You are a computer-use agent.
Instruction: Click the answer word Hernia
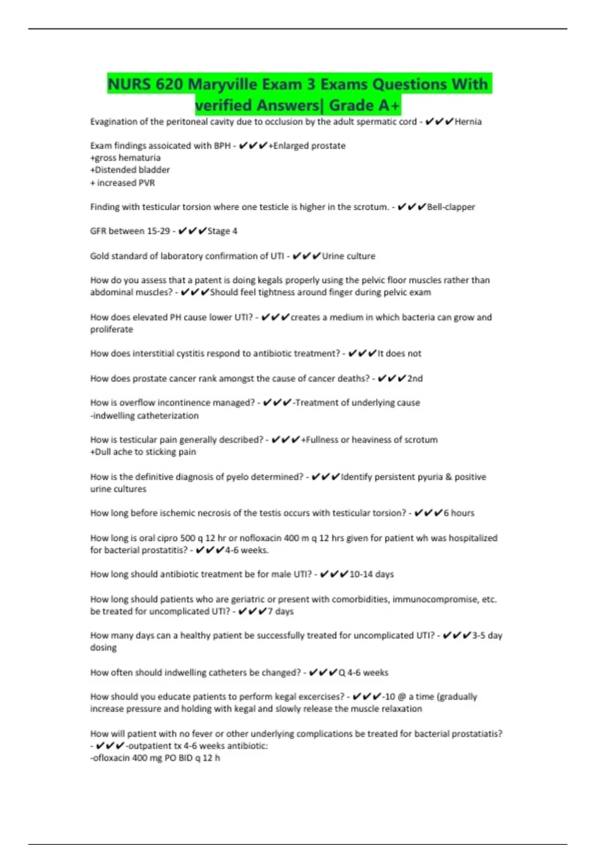tap(468, 122)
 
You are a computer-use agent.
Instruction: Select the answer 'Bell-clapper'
tap(451, 207)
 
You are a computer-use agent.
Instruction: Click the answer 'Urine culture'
tap(349, 256)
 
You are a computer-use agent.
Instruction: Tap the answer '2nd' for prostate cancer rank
tap(415, 378)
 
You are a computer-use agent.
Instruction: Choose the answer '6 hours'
tap(459, 513)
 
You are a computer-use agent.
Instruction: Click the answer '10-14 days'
tap(372, 574)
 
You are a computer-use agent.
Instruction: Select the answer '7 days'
tap(281, 611)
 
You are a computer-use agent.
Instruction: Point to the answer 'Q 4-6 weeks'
tap(364, 673)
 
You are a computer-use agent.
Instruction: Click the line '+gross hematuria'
tap(126, 158)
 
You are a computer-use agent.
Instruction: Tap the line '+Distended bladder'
tap(130, 170)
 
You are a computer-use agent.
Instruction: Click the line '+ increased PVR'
tap(123, 183)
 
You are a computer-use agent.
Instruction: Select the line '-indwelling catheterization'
tap(145, 416)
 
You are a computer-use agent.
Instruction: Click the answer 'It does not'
tap(399, 353)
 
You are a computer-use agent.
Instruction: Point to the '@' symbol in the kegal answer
tap(402, 697)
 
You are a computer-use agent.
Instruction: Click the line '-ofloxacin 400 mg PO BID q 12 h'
tap(155, 758)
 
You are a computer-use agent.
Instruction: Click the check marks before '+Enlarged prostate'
tap(253, 146)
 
